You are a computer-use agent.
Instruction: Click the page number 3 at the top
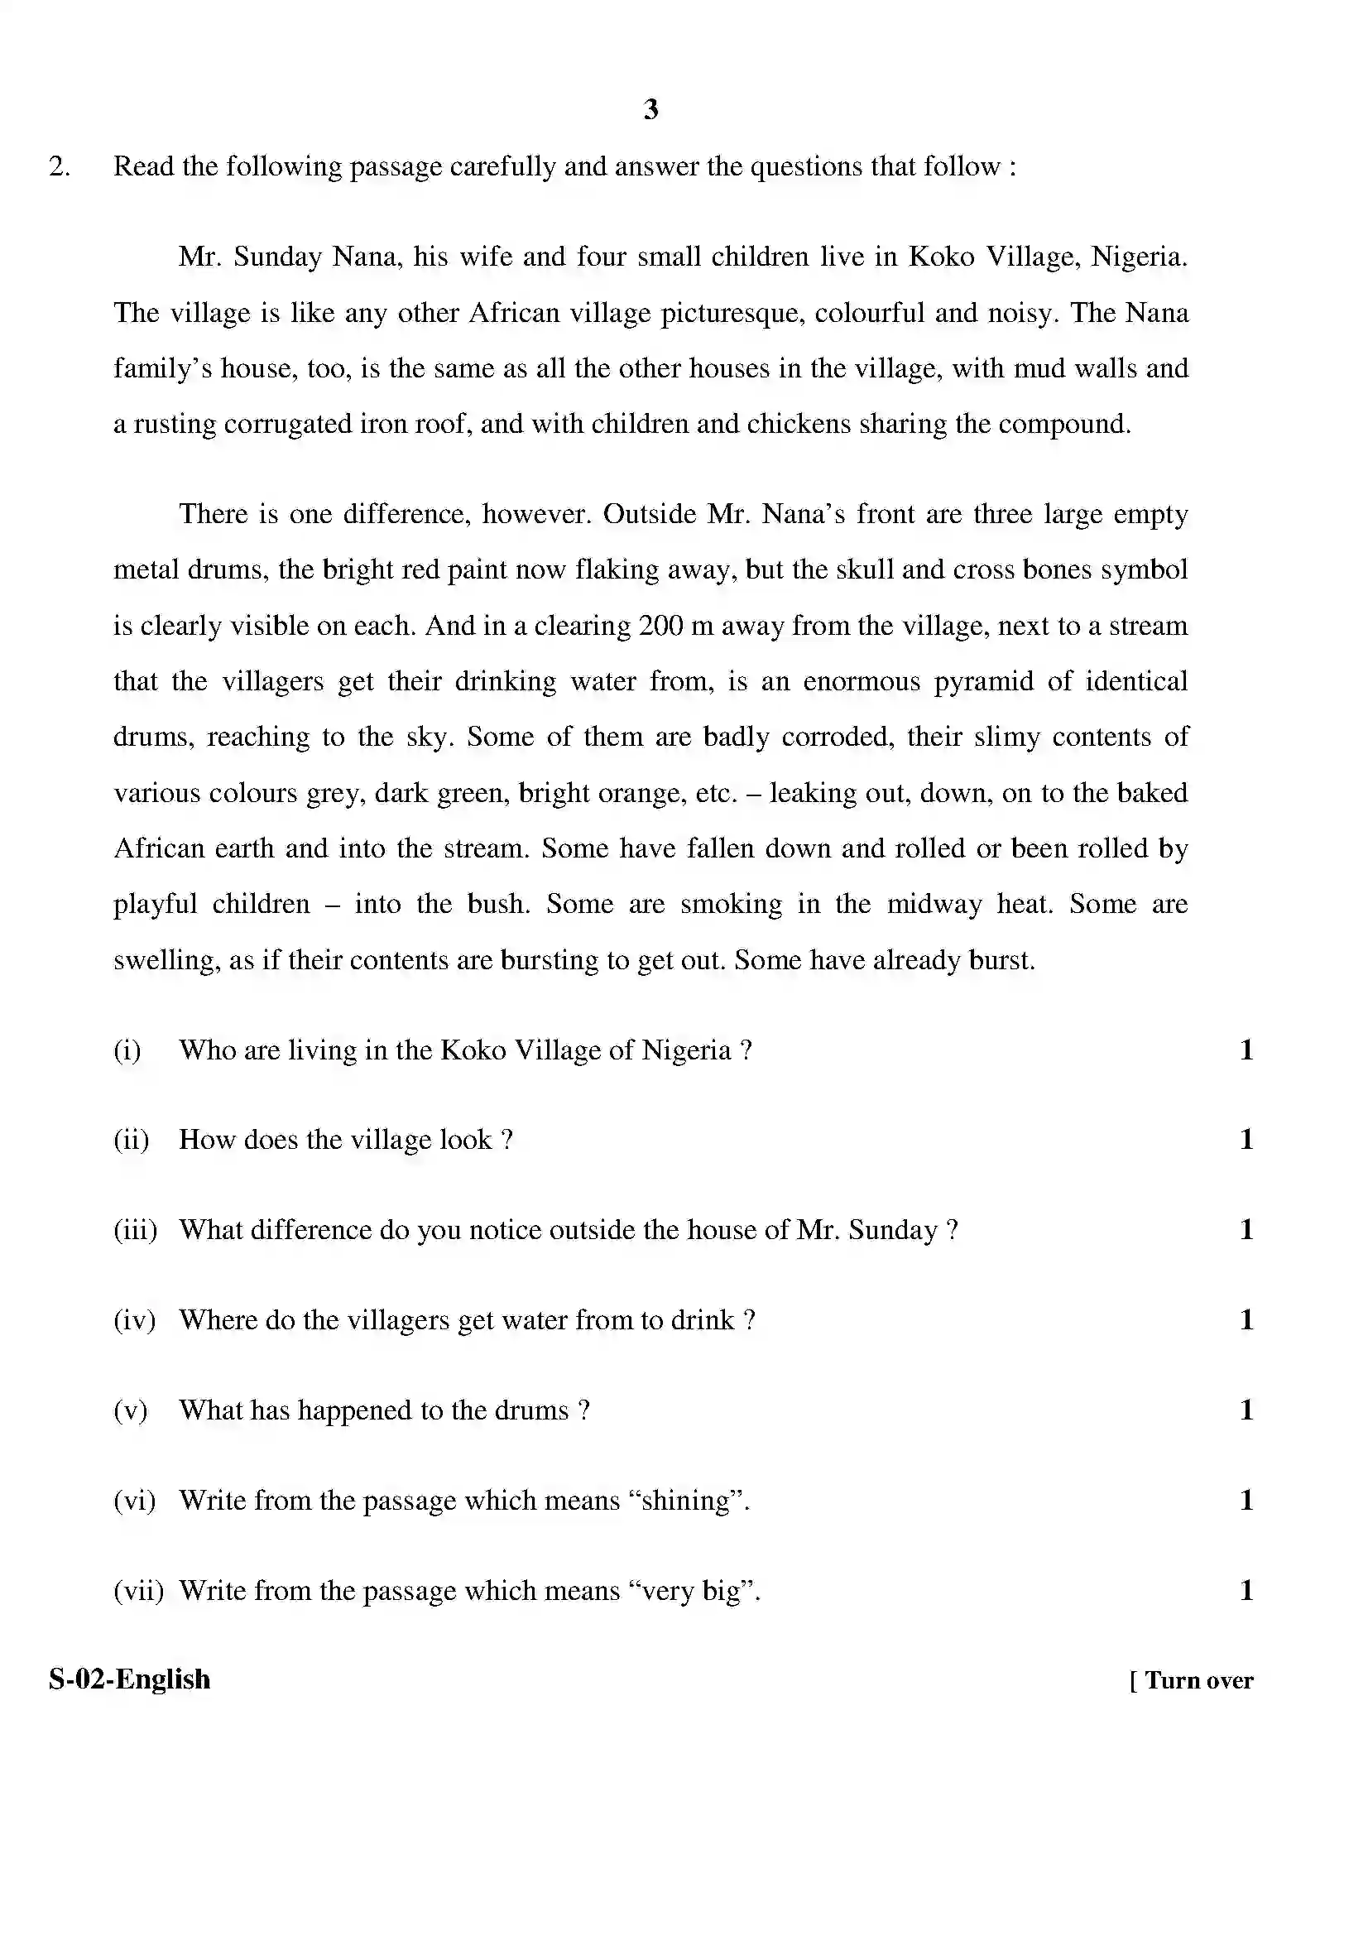(650, 108)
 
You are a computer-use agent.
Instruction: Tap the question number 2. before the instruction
(59, 167)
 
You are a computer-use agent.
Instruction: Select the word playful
(155, 905)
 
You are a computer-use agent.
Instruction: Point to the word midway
(934, 905)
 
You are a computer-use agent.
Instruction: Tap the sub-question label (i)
(127, 1050)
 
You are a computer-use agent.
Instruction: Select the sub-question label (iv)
(134, 1320)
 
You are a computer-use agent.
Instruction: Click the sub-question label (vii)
(138, 1591)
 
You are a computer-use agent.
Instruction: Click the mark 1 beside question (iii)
(1246, 1230)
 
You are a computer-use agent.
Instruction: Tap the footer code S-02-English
(130, 1679)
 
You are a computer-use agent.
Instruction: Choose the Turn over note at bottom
(1191, 1680)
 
